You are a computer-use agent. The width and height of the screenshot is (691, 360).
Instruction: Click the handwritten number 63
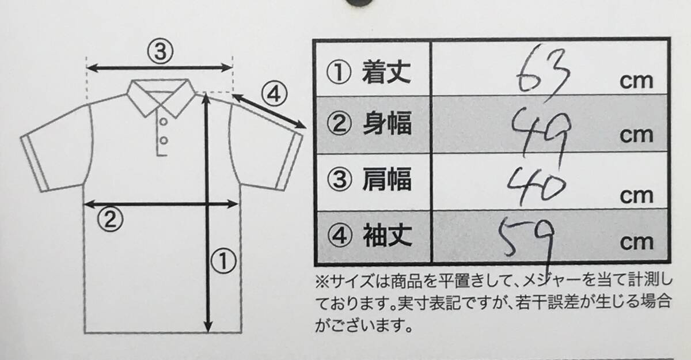tap(543, 70)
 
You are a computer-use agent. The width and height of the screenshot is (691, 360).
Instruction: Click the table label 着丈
tap(386, 72)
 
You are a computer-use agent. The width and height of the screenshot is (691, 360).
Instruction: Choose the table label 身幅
tap(387, 123)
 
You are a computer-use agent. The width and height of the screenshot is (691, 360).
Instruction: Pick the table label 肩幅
tap(387, 179)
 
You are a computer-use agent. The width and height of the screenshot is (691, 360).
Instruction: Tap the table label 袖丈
tap(387, 236)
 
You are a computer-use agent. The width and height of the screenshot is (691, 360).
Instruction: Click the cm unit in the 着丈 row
tap(636, 81)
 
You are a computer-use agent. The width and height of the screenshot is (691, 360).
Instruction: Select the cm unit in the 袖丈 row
tap(637, 242)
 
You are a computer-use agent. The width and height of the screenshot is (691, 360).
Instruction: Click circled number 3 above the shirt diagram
tap(160, 51)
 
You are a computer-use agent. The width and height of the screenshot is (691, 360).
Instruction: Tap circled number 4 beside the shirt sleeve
tap(274, 94)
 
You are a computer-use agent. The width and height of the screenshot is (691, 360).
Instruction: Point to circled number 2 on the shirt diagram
tap(110, 219)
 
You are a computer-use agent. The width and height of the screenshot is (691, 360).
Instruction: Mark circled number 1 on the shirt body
tap(223, 261)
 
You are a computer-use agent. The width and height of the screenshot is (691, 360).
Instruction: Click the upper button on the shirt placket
tap(164, 122)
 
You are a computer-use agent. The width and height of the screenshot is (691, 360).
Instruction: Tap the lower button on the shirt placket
tap(164, 141)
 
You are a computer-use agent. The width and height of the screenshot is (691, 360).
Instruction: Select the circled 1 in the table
tap(339, 72)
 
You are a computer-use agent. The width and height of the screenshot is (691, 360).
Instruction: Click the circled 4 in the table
tap(339, 236)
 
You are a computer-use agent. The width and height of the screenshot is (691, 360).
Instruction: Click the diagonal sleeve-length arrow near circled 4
tap(269, 111)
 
